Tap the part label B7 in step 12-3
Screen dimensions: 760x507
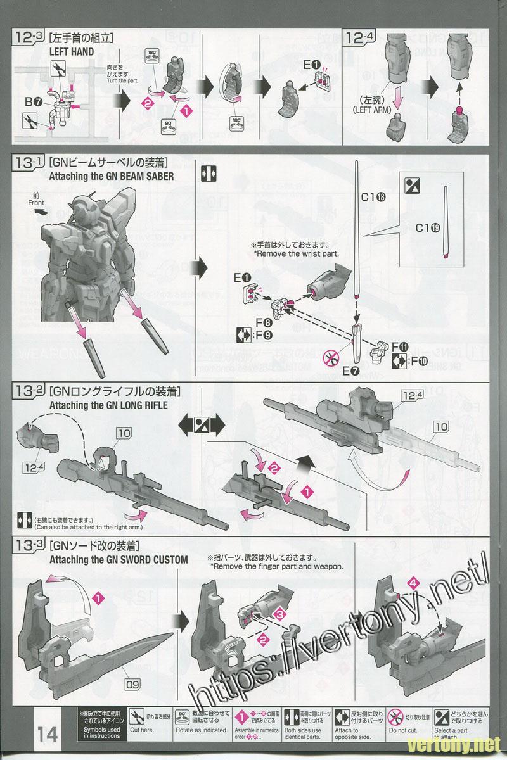pos(34,101)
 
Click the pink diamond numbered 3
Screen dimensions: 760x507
pos(281,614)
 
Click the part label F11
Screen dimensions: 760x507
pos(399,346)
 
